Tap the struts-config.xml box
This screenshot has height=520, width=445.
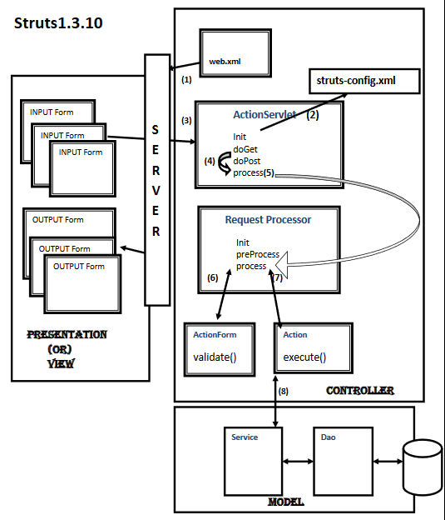pos(363,80)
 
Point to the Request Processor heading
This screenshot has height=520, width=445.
pos(268,220)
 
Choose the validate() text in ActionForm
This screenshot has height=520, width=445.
pos(215,358)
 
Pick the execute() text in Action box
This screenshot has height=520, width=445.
pos(304,358)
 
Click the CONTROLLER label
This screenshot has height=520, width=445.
pos(359,390)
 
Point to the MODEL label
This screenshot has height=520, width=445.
pos(285,502)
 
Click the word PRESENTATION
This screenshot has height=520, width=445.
pos(67,334)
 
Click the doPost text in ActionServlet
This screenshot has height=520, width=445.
pos(247,161)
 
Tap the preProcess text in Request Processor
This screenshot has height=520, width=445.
pos(257,255)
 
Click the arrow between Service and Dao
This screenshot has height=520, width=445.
pos(297,460)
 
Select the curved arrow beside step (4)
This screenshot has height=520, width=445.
pos(222,167)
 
